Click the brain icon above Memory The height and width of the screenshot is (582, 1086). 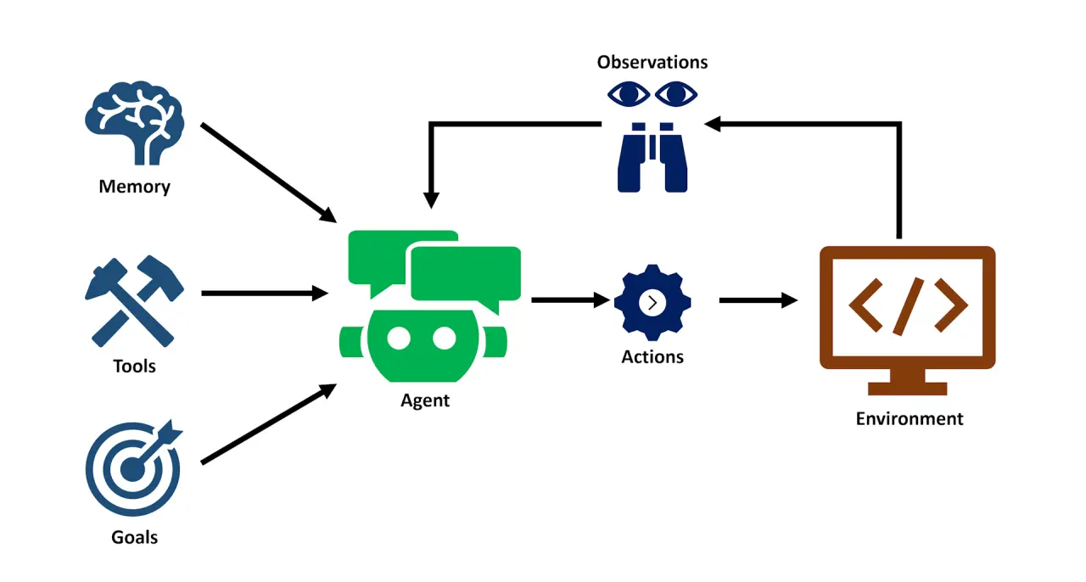pos(134,127)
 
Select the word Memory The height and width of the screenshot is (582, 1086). pos(134,187)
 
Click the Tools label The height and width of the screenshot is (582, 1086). pos(134,367)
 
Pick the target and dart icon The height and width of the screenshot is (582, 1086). pos(133,467)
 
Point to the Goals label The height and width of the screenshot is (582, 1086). pos(134,537)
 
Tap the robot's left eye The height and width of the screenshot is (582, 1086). pos(399,338)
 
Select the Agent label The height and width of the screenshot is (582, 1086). pos(425,400)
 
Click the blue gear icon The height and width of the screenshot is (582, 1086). pos(652,301)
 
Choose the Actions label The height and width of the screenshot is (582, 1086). pos(652,357)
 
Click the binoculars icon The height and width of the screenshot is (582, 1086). pos(652,156)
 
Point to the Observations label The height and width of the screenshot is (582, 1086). pos(652,62)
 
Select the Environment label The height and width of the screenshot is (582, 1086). pos(909,418)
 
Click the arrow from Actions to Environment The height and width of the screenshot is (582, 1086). pos(758,299)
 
